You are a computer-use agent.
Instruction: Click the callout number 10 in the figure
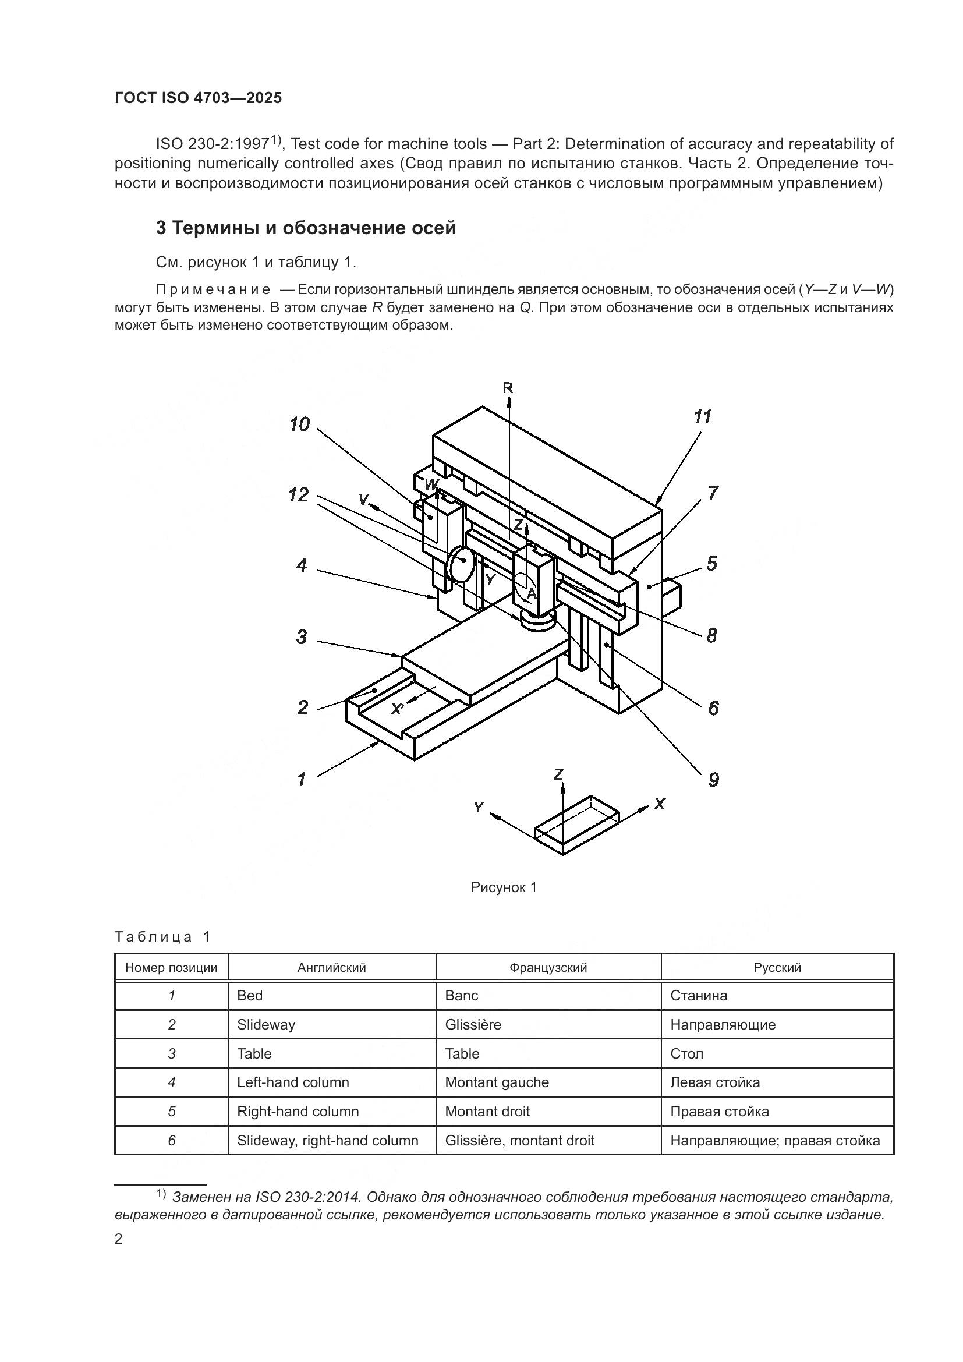tap(299, 424)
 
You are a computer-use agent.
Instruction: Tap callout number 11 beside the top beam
tap(702, 416)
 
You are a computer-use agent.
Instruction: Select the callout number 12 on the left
tap(299, 495)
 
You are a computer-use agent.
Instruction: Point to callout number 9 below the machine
tap(713, 780)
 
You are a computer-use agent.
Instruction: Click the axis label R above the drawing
tap(508, 388)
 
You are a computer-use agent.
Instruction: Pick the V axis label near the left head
tap(363, 500)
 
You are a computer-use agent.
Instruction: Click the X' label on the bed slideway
tap(396, 708)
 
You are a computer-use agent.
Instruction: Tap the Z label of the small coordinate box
tap(558, 773)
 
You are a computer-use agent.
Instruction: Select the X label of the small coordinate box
tap(660, 804)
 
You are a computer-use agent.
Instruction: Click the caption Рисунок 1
tap(504, 887)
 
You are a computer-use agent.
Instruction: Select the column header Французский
tap(548, 968)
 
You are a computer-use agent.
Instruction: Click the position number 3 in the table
tap(171, 1053)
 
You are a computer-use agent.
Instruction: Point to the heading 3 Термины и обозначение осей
tap(306, 228)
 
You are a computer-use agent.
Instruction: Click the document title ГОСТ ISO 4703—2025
tap(198, 98)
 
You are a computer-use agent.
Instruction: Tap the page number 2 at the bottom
tap(119, 1239)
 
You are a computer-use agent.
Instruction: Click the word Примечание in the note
tap(213, 290)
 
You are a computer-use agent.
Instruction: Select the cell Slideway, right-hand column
tap(327, 1140)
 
